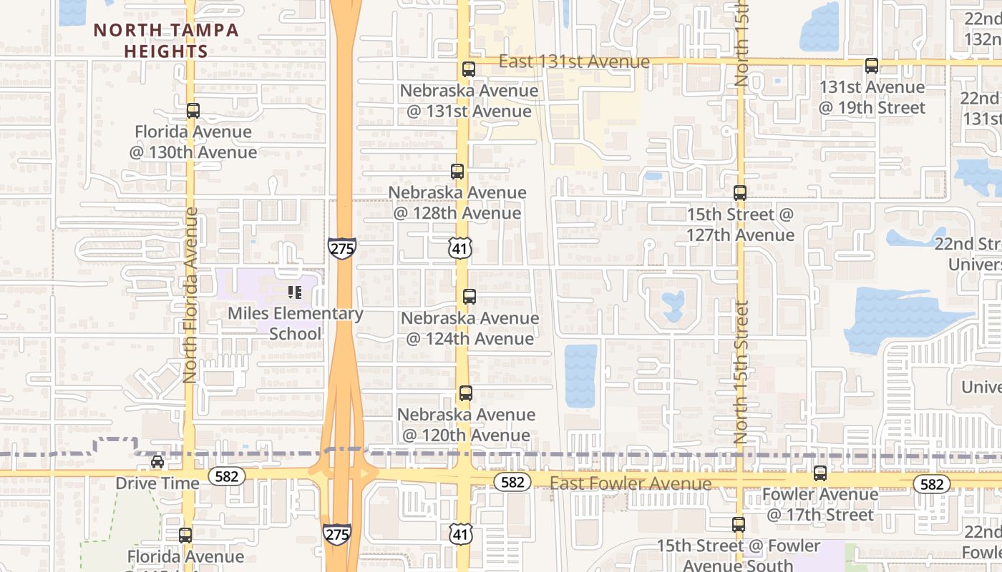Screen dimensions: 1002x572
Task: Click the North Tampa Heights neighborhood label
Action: pyautogui.click(x=165, y=41)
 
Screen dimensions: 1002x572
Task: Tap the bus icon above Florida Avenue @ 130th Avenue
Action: pyautogui.click(x=193, y=111)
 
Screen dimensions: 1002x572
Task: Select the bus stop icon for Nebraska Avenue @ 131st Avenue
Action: pyautogui.click(x=468, y=69)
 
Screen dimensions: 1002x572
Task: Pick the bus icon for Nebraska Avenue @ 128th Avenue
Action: pyautogui.click(x=457, y=172)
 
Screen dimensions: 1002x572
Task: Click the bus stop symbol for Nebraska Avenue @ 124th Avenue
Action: pyautogui.click(x=470, y=297)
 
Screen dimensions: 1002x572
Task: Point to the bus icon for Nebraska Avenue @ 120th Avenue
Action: pyautogui.click(x=466, y=393)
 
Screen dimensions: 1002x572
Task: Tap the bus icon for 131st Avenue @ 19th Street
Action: pyautogui.click(x=872, y=66)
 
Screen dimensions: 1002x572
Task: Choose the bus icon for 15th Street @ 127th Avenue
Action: pyautogui.click(x=740, y=193)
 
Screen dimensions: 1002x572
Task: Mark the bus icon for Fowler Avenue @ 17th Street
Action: pyautogui.click(x=820, y=473)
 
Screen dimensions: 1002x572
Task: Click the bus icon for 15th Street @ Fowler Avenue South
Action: pyautogui.click(x=739, y=525)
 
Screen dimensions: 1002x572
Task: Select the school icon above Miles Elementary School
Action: pyautogui.click(x=294, y=292)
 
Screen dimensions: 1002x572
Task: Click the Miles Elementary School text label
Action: pyautogui.click(x=295, y=324)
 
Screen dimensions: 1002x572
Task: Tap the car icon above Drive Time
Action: pyautogui.click(x=157, y=462)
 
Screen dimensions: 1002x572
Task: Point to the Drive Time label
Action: pyautogui.click(x=157, y=483)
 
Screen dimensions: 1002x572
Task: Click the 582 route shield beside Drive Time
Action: pyautogui.click(x=227, y=475)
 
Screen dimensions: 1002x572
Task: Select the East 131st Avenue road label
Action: pyautogui.click(x=574, y=62)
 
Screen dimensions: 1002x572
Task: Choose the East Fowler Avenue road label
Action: pyautogui.click(x=631, y=484)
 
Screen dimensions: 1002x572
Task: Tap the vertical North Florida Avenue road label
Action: pyautogui.click(x=190, y=295)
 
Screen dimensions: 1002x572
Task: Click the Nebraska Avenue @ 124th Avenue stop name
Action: pyautogui.click(x=470, y=328)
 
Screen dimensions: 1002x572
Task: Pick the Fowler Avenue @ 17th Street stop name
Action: pyautogui.click(x=820, y=504)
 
